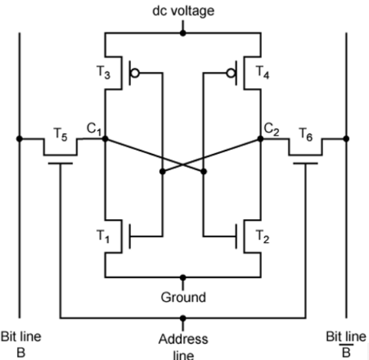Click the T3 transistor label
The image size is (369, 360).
point(103,72)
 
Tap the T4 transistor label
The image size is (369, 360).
point(262,72)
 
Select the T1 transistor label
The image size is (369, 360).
point(103,236)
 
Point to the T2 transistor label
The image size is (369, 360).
point(262,236)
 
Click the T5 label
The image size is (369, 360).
point(60,134)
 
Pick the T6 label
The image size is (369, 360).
point(306,134)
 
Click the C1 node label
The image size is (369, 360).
point(94,129)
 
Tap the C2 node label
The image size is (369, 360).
point(272,129)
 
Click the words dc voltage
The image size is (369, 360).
point(184,11)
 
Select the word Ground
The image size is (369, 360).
point(183,297)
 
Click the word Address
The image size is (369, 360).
point(183,339)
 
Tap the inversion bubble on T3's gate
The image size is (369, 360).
point(135,73)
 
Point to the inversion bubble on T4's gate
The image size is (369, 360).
point(231,73)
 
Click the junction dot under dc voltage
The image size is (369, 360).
point(183,33)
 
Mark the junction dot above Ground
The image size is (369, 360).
point(183,278)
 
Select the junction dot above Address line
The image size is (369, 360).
point(183,318)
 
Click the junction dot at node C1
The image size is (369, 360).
point(105,139)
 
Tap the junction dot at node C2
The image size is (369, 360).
point(260,139)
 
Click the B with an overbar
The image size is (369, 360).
point(346,351)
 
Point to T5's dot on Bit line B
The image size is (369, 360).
point(20,139)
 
